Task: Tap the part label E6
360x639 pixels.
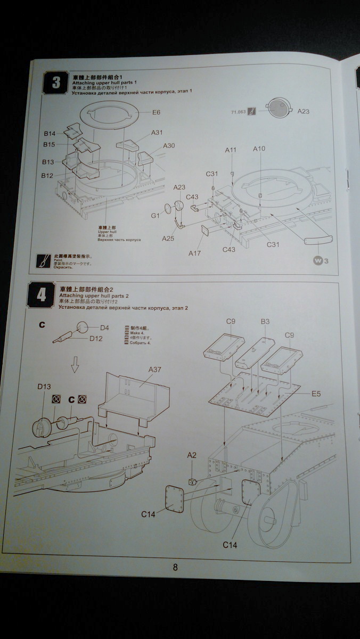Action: click(156, 112)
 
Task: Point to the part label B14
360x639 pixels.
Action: click(50, 133)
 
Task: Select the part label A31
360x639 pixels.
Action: click(157, 133)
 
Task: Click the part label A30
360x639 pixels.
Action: click(169, 145)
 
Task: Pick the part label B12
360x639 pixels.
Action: click(47, 175)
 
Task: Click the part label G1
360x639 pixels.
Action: click(155, 216)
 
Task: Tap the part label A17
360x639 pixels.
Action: click(194, 253)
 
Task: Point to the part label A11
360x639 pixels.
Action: click(230, 150)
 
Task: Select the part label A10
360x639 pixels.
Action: click(259, 149)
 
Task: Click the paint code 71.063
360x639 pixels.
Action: click(238, 112)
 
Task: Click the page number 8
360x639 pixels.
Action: click(175, 567)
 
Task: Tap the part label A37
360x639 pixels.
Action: click(155, 370)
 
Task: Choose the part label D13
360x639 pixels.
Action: click(44, 387)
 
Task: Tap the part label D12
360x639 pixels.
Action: click(96, 338)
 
